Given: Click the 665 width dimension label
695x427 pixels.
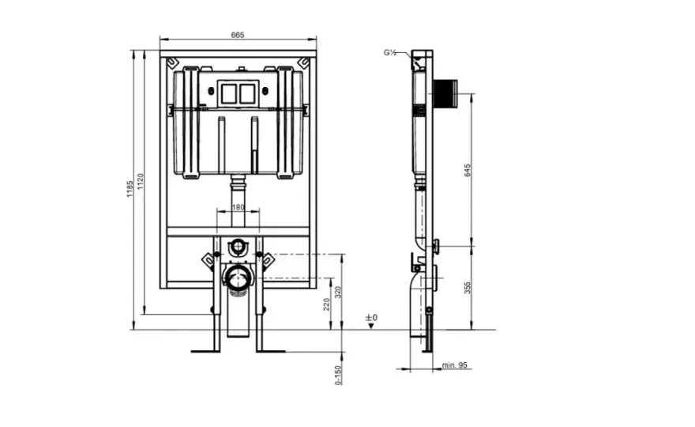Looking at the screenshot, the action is (238, 35).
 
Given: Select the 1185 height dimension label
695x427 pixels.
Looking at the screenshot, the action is (130, 189).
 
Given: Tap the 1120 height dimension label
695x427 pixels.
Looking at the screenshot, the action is (141, 182).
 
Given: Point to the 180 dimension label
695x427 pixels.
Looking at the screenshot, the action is (238, 207).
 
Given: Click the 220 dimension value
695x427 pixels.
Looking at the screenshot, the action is (327, 304).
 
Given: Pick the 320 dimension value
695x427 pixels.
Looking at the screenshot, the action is (338, 293).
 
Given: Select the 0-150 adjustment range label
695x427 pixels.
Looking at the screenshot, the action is (338, 376).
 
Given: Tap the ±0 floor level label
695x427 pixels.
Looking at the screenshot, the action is (371, 318).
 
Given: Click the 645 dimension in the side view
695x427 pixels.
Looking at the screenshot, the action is (468, 170).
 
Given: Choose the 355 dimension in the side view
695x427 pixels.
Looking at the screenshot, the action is (468, 288).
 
